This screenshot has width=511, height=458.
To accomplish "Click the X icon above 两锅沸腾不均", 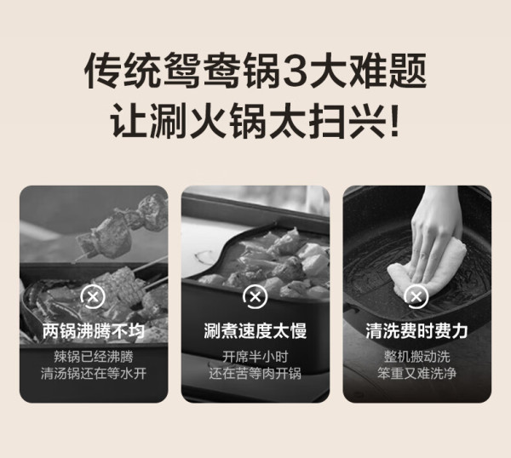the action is tap(93, 296).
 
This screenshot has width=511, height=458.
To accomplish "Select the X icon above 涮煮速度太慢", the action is tap(255, 296).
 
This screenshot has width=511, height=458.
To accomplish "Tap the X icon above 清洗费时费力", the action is tap(416, 296).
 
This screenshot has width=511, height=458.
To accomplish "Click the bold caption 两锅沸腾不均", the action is tap(94, 331).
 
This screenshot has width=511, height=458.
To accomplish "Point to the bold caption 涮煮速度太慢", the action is tap(255, 331).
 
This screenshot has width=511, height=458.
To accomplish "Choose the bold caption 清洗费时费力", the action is tap(416, 331).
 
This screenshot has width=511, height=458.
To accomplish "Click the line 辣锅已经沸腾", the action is tap(94, 357).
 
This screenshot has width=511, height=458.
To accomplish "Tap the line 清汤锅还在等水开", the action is tap(94, 374).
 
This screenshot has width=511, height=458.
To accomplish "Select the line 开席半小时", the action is tap(255, 357).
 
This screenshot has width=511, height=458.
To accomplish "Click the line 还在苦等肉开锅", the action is tap(255, 374).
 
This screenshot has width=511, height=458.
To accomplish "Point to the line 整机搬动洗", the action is tap(416, 357).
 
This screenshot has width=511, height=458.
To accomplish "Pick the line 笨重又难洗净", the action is tap(416, 374).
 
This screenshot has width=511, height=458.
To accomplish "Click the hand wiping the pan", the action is tap(437, 235).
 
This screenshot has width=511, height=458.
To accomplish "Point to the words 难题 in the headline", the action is tap(387, 71).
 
